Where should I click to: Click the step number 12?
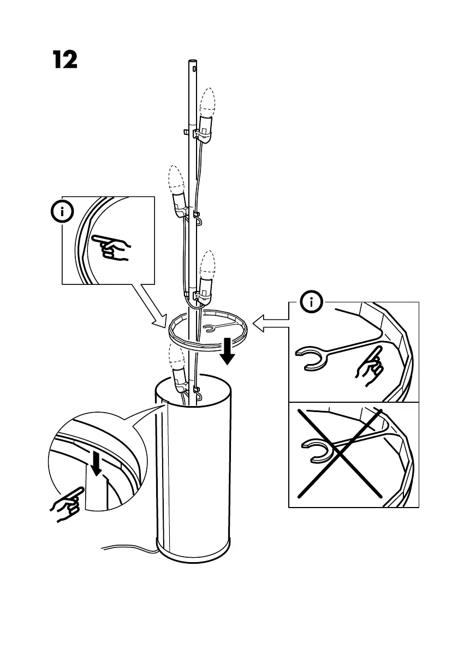[65, 59]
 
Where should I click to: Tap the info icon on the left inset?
[63, 212]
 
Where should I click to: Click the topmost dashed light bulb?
[207, 104]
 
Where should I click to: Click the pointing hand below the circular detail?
[68, 505]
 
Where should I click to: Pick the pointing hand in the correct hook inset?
[370, 365]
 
